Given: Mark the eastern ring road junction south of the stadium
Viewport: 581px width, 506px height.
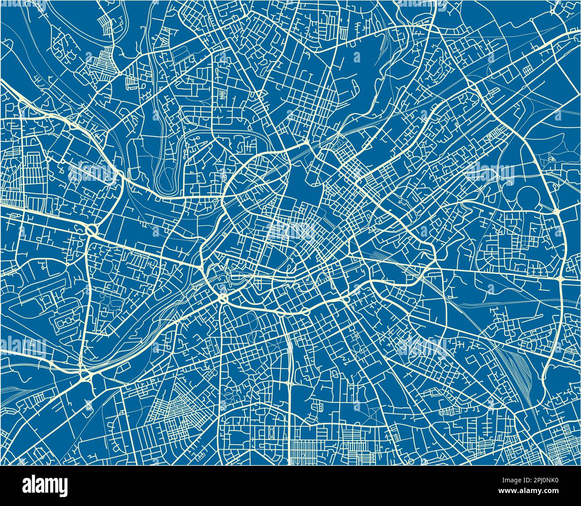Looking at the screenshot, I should tap(561, 278).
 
